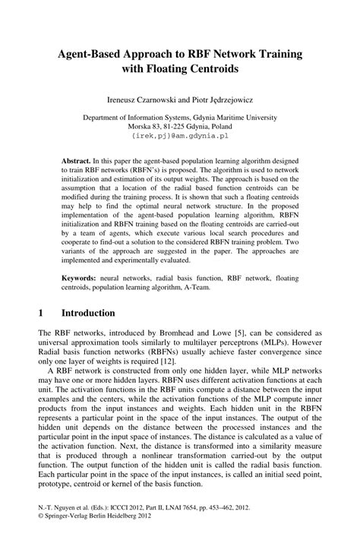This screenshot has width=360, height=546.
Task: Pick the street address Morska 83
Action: coord(147,127)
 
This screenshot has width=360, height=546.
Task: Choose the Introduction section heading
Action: coord(88,313)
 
